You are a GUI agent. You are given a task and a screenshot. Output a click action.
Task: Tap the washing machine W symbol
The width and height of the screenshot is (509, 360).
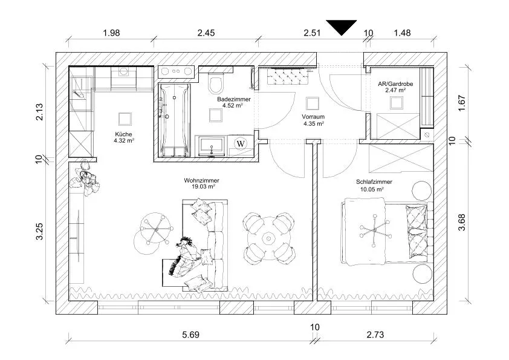(241, 143)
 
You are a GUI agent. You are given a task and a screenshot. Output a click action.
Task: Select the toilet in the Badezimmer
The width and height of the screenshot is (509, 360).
(216, 83)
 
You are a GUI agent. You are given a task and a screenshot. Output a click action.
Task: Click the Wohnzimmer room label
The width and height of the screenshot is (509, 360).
(201, 180)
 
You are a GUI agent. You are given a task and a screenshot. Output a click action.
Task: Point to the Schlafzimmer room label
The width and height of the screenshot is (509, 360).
(374, 182)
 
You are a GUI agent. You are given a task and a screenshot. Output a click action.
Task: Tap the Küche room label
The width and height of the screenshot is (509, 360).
(123, 134)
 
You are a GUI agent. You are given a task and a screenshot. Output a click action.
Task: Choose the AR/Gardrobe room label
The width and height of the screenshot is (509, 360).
(395, 84)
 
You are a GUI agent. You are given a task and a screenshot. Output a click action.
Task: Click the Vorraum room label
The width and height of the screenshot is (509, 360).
(313, 117)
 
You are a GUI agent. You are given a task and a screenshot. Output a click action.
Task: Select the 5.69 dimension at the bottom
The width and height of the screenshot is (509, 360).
(190, 335)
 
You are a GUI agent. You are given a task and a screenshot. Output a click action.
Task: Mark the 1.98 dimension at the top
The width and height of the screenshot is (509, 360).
(111, 33)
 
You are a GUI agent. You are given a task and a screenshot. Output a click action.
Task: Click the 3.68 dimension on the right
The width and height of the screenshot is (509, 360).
(462, 222)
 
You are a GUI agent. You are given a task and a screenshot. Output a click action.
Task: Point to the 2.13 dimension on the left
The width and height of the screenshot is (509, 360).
(39, 112)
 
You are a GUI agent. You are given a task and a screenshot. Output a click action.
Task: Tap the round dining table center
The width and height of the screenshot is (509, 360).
(269, 239)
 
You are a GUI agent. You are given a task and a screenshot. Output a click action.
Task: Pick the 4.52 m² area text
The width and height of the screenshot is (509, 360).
(233, 105)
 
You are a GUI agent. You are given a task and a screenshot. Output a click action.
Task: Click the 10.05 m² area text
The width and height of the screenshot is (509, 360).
(372, 189)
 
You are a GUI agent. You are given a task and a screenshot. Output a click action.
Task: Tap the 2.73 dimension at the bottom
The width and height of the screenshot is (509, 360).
(375, 335)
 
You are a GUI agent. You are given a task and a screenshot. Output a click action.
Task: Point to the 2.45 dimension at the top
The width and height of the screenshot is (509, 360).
(206, 33)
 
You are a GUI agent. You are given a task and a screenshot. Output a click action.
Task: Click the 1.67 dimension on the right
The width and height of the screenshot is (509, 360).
(462, 103)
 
